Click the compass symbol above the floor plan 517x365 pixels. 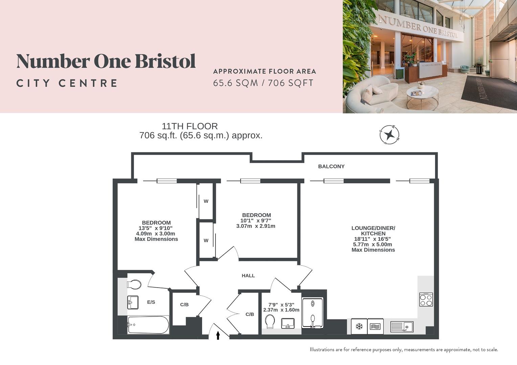click(x=389, y=135)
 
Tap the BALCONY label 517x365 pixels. click(x=331, y=166)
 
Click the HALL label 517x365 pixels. click(x=248, y=275)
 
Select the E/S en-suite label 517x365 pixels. click(x=151, y=302)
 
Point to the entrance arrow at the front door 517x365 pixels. click(x=218, y=335)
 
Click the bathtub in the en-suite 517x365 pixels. click(x=148, y=325)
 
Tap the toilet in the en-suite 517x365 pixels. click(x=134, y=284)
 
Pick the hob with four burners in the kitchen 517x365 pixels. click(x=426, y=299)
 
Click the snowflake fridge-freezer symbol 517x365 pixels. click(x=359, y=326)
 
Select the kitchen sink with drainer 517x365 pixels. click(x=402, y=326)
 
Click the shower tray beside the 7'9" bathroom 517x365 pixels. click(x=313, y=313)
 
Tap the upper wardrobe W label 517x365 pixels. click(x=206, y=201)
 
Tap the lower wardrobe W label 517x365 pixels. click(x=206, y=241)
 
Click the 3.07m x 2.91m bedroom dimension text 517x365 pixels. click(x=256, y=226)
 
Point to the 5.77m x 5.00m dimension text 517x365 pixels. click(x=373, y=244)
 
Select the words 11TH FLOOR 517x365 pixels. click(x=189, y=126)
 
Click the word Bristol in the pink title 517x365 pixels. click(x=165, y=61)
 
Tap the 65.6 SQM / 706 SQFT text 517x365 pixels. click(x=263, y=83)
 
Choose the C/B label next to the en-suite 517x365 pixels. click(x=184, y=305)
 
